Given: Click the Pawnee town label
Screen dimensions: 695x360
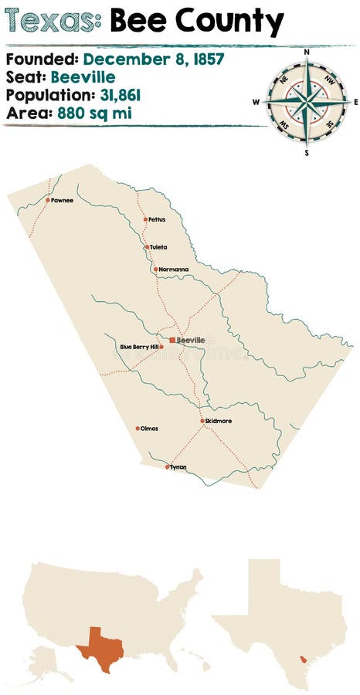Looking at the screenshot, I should click(63, 200).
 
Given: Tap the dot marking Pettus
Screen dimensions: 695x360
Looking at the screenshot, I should click(145, 219).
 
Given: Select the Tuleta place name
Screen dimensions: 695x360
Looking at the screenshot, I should click(158, 247).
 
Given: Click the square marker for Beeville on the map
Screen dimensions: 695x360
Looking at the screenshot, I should click(172, 340).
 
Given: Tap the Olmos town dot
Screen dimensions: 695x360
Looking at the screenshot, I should click(138, 429).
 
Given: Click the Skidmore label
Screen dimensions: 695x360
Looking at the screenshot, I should click(219, 421).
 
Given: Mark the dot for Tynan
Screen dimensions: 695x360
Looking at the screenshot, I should click(167, 466).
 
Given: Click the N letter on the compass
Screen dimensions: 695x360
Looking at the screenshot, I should click(307, 53).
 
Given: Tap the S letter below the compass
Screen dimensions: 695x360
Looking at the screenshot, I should click(307, 152).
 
